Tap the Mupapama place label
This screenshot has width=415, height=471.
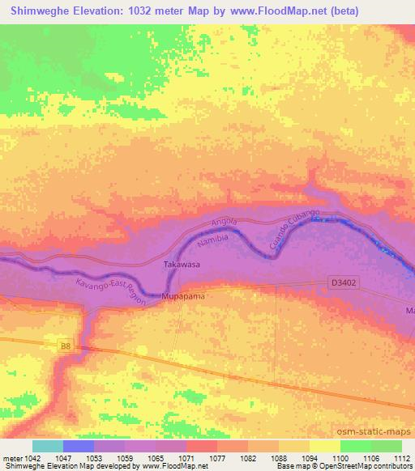point(185,297)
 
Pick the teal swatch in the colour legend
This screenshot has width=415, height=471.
point(48,446)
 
